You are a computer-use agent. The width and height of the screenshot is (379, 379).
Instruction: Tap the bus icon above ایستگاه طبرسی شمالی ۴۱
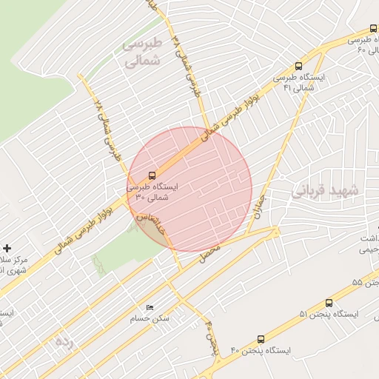pyautogui.click(x=298, y=66)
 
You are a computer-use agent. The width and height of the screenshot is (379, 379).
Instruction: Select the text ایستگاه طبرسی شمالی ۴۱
pyautogui.click(x=300, y=82)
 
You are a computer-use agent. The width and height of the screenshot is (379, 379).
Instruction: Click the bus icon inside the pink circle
pyautogui.click(x=152, y=176)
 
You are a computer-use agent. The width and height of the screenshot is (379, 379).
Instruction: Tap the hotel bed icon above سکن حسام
pyautogui.click(x=150, y=307)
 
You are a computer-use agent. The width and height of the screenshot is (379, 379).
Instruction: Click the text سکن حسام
pyautogui.click(x=150, y=319)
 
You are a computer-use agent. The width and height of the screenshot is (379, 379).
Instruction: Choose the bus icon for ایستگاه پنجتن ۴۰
pyautogui.click(x=261, y=339)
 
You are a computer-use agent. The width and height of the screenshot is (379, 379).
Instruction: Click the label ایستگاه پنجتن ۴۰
pyautogui.click(x=261, y=349)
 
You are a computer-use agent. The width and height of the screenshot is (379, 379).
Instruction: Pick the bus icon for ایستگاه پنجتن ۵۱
pyautogui.click(x=329, y=303)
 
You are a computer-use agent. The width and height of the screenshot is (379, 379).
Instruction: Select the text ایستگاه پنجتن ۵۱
pyautogui.click(x=329, y=314)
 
